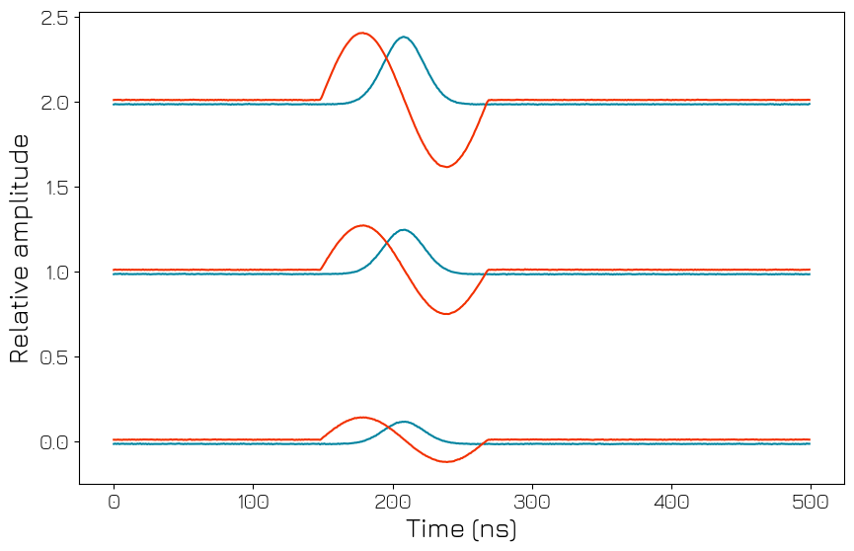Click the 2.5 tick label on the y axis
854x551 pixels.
[x=54, y=18]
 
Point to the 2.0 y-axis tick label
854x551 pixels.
[x=54, y=103]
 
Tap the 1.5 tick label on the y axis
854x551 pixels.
[x=54, y=188]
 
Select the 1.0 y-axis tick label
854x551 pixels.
[x=54, y=273]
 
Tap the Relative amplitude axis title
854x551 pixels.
[x=21, y=249]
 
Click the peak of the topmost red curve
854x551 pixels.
[x=362, y=33]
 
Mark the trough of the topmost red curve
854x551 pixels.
[x=446, y=167]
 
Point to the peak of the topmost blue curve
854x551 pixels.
[x=403, y=38]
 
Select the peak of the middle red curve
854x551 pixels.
[x=362, y=225]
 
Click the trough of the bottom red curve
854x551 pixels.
[x=446, y=461]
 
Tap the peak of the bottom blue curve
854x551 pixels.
[x=403, y=422]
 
